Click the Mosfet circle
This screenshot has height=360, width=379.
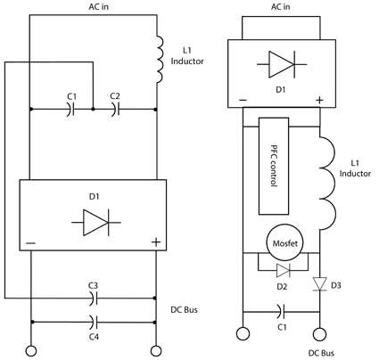284,243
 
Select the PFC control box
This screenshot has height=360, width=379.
274,166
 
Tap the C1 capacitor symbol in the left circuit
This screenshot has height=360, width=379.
71,109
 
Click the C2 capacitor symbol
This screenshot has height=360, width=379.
115,109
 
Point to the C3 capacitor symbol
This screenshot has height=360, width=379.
94,298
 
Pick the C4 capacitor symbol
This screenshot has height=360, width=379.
94,322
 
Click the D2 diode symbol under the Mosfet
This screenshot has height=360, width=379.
283,270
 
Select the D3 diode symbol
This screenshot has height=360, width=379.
320,283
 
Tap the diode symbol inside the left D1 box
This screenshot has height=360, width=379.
96,222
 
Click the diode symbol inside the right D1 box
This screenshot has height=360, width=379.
282,64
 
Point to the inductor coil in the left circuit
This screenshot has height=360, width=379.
160,60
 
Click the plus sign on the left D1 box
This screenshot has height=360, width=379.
156,242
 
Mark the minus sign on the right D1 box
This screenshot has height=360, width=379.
243,100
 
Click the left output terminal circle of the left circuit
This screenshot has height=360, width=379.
30,351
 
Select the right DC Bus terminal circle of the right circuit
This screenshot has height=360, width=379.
319,334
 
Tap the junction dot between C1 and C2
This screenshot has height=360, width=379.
93,110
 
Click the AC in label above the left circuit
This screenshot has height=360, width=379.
98,6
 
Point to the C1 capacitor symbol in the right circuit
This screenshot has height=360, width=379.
281,312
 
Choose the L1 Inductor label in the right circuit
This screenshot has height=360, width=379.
355,168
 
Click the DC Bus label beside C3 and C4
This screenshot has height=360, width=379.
184,310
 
